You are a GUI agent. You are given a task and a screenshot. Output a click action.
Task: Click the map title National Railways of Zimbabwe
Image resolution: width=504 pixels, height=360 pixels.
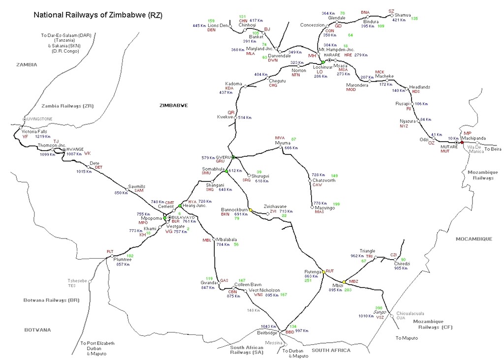97,15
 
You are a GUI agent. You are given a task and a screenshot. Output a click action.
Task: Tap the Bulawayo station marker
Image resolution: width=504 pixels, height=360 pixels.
170,217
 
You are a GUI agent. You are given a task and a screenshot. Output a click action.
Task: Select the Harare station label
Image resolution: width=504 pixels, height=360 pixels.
332,55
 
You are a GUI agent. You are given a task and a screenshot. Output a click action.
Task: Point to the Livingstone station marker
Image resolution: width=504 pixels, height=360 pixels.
24,119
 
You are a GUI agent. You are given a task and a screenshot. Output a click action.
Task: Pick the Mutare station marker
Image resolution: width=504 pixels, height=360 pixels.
457,142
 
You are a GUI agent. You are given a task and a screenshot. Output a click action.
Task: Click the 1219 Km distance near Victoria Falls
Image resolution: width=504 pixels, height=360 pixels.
43,136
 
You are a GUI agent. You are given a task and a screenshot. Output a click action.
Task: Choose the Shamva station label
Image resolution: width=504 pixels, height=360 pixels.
403,15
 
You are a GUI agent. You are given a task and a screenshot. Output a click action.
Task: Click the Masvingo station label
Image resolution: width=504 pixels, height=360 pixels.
323,208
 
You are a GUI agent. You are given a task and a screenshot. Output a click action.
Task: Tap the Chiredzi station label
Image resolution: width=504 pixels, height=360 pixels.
402,264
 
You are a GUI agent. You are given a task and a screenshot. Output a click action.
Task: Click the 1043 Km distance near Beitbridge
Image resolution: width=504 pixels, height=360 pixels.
269,327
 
